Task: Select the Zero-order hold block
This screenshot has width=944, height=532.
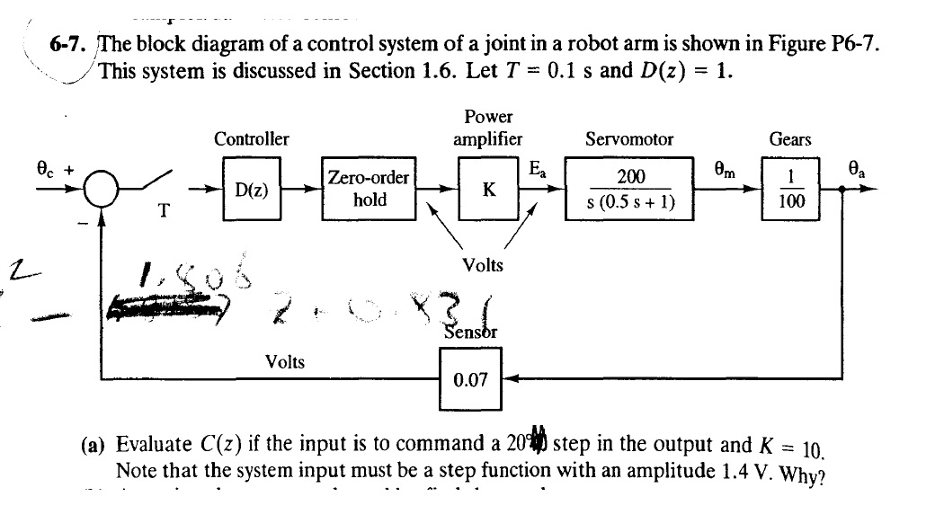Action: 369,189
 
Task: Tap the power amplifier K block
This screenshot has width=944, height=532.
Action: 488,190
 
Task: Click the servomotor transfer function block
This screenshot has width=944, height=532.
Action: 629,190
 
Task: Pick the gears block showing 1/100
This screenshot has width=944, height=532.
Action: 791,190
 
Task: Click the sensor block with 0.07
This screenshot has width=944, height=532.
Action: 470,379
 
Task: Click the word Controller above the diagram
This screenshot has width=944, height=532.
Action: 252,139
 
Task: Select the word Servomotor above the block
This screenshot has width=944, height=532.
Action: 628,139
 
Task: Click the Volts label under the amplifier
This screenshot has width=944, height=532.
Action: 483,264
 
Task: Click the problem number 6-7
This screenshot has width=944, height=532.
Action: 67,47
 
